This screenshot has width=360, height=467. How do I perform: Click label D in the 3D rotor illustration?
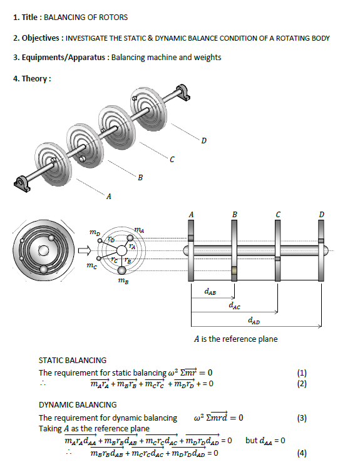pos(203,139)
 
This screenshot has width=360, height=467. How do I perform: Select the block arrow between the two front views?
pos(84,252)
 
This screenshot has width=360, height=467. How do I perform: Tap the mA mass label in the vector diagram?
pos(147,231)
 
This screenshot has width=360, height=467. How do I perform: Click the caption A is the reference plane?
pos(235,339)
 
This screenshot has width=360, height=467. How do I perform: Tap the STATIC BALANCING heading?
pos(72,360)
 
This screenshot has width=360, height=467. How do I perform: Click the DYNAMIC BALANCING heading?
pos(77,405)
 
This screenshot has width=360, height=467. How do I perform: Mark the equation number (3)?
pos(302,418)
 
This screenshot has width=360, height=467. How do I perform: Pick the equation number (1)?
pos(302,373)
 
